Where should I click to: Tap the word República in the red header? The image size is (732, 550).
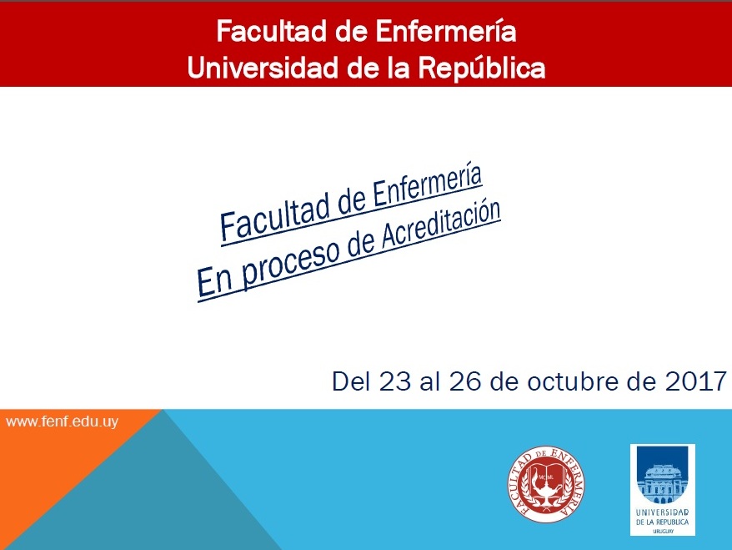(481, 68)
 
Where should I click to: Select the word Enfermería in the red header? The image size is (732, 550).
(446, 32)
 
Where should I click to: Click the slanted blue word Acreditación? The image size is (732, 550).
(441, 225)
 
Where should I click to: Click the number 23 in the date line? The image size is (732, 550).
(394, 381)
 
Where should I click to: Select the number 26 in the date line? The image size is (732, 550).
(465, 381)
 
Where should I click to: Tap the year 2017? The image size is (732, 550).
(695, 381)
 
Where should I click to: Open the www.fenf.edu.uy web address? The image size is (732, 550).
(62, 421)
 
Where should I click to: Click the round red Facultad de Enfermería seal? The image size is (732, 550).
(546, 484)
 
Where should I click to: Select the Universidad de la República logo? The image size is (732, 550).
(663, 489)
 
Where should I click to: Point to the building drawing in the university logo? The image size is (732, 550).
(663, 483)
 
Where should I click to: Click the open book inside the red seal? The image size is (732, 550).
(545, 476)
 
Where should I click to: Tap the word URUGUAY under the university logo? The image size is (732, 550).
(663, 532)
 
